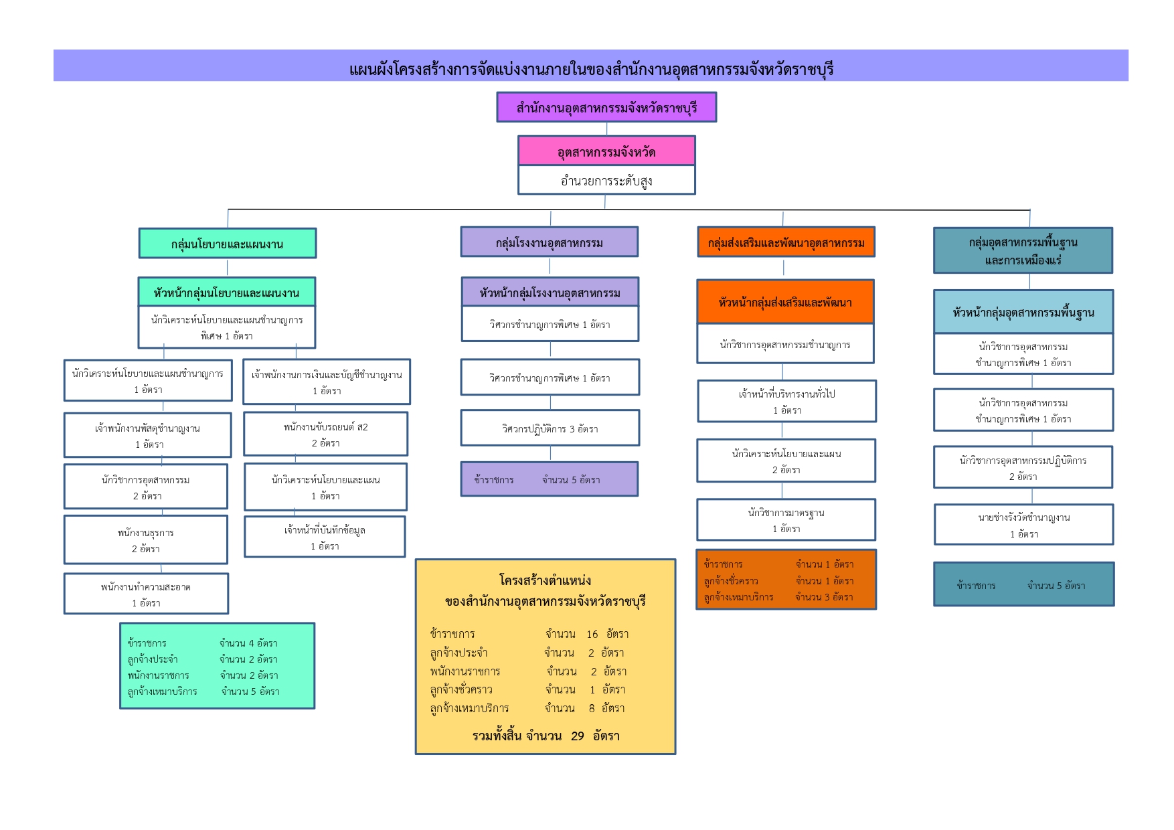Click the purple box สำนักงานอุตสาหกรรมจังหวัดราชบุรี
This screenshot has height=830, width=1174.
pyautogui.click(x=606, y=107)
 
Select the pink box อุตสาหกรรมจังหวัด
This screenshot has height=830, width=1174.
pyautogui.click(x=606, y=151)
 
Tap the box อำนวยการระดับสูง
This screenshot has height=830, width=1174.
pyautogui.click(x=606, y=180)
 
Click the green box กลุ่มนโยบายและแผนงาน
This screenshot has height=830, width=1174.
pyautogui.click(x=227, y=244)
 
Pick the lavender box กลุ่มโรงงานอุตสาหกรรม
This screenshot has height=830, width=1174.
pyautogui.click(x=549, y=242)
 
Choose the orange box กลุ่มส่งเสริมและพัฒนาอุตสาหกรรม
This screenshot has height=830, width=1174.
pyautogui.click(x=786, y=242)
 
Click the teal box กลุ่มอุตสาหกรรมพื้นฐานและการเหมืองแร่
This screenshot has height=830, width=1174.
pyautogui.click(x=1023, y=250)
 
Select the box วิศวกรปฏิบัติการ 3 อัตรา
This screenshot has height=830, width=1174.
pyautogui.click(x=550, y=428)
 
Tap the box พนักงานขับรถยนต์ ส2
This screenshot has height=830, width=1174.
pyautogui.click(x=325, y=434)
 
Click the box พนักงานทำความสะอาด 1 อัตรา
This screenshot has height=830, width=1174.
pyautogui.click(x=146, y=594)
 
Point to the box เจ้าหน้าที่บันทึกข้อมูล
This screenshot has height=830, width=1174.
pyautogui.click(x=325, y=537)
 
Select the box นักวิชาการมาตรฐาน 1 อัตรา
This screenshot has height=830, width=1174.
pyautogui.click(x=786, y=520)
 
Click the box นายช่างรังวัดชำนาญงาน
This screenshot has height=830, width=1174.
pyautogui.click(x=1023, y=525)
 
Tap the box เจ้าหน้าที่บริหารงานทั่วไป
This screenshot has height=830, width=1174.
pyautogui.click(x=786, y=402)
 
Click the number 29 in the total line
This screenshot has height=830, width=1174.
pyautogui.click(x=577, y=736)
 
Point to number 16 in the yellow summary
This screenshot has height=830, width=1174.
pyautogui.click(x=592, y=634)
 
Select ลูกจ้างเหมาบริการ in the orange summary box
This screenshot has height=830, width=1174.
pyautogui.click(x=738, y=597)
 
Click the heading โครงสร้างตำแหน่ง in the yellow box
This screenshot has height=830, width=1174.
pyautogui.click(x=545, y=580)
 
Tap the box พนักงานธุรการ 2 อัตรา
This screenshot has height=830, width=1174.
pyautogui.click(x=145, y=540)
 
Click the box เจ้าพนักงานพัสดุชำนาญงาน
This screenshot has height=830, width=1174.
pyautogui.click(x=147, y=436)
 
